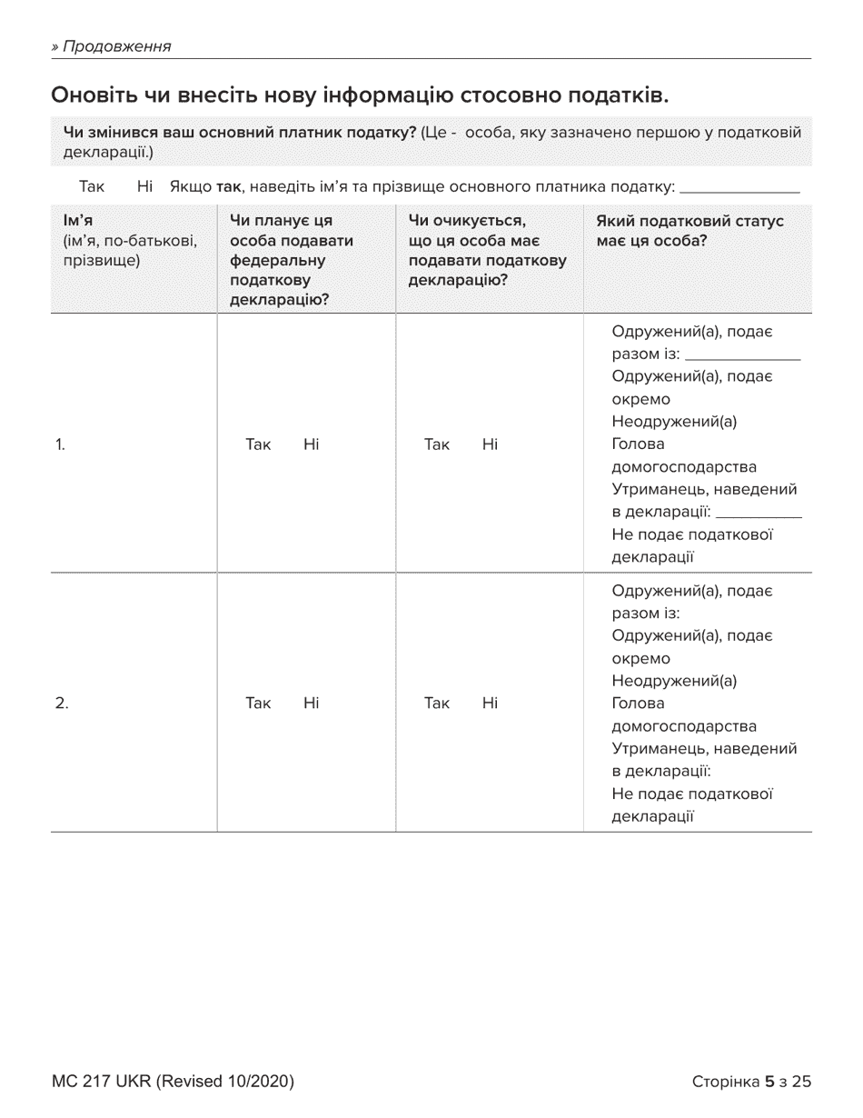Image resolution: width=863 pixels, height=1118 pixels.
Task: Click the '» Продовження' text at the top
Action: tap(112, 46)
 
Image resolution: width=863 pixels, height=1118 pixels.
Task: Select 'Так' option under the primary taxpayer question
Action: tap(92, 187)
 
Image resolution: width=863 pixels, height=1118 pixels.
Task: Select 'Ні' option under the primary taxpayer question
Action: tap(144, 187)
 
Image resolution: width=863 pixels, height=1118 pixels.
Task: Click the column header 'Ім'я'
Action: tap(78, 222)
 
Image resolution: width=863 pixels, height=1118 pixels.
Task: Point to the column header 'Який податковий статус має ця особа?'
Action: tap(689, 232)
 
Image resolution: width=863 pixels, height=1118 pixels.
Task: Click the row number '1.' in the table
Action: tap(60, 444)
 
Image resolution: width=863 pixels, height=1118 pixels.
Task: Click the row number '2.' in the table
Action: tap(62, 703)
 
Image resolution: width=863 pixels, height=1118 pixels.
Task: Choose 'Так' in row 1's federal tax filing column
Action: tap(258, 444)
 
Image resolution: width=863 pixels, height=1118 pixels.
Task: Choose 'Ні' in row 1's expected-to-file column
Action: tap(490, 444)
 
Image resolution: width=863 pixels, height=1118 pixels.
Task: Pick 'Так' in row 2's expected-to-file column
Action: tap(437, 703)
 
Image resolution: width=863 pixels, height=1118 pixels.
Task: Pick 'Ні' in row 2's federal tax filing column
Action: tap(311, 703)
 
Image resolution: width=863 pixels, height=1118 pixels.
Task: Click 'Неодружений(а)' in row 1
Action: tap(674, 422)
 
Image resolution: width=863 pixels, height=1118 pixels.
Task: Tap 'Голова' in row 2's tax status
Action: tap(639, 704)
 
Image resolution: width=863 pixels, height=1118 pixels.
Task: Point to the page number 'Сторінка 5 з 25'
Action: tap(751, 1082)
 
